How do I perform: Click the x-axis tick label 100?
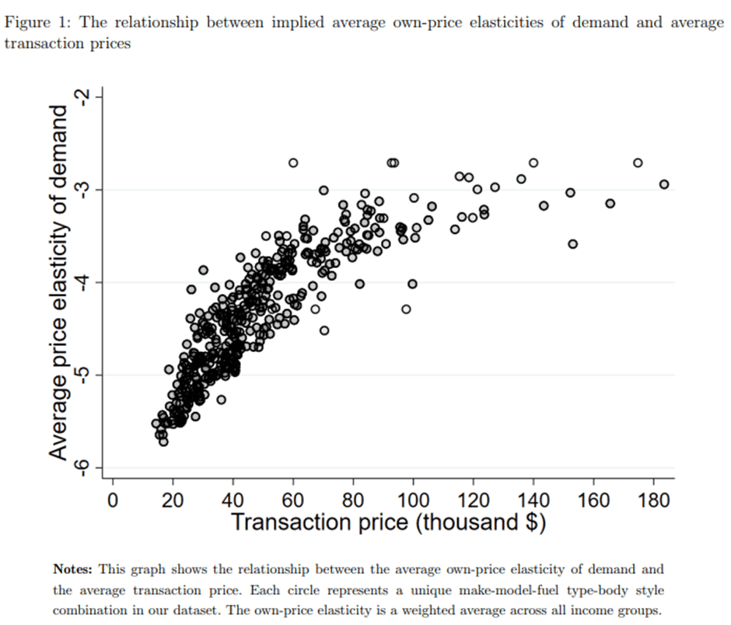point(413,499)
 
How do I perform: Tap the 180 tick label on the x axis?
point(654,499)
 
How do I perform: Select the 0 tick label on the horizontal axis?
point(113,499)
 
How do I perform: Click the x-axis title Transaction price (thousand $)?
point(388,521)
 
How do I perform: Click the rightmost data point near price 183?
point(663,184)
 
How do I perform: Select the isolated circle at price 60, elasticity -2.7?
point(293,162)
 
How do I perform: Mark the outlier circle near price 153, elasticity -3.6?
point(573,244)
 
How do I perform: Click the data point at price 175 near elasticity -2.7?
point(638,162)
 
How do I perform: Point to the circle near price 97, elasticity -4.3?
point(406,309)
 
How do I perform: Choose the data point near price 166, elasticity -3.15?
point(610,203)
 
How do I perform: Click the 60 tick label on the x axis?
point(293,499)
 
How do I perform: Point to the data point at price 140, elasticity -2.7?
point(533,162)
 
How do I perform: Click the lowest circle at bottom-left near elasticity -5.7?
point(163,442)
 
